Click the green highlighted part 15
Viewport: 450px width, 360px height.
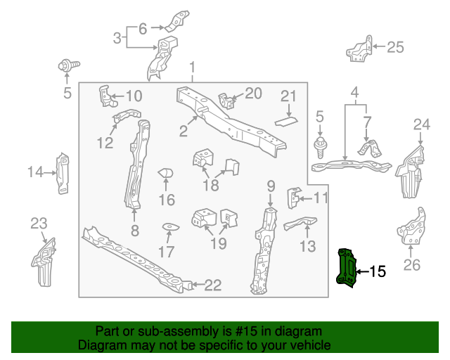click(347, 268)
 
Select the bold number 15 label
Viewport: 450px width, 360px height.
click(378, 271)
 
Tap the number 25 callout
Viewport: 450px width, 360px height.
click(396, 47)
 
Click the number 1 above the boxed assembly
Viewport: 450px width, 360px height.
click(191, 67)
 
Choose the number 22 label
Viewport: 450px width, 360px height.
click(212, 285)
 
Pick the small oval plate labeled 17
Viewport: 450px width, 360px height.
click(169, 227)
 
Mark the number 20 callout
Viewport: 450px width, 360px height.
click(253, 94)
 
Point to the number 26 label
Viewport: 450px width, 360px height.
click(412, 264)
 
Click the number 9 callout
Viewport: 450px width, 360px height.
click(270, 186)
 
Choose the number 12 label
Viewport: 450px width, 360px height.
click(105, 143)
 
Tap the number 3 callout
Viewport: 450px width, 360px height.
click(117, 37)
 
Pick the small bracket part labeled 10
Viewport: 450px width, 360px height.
click(105, 96)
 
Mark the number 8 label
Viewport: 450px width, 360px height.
click(134, 230)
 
